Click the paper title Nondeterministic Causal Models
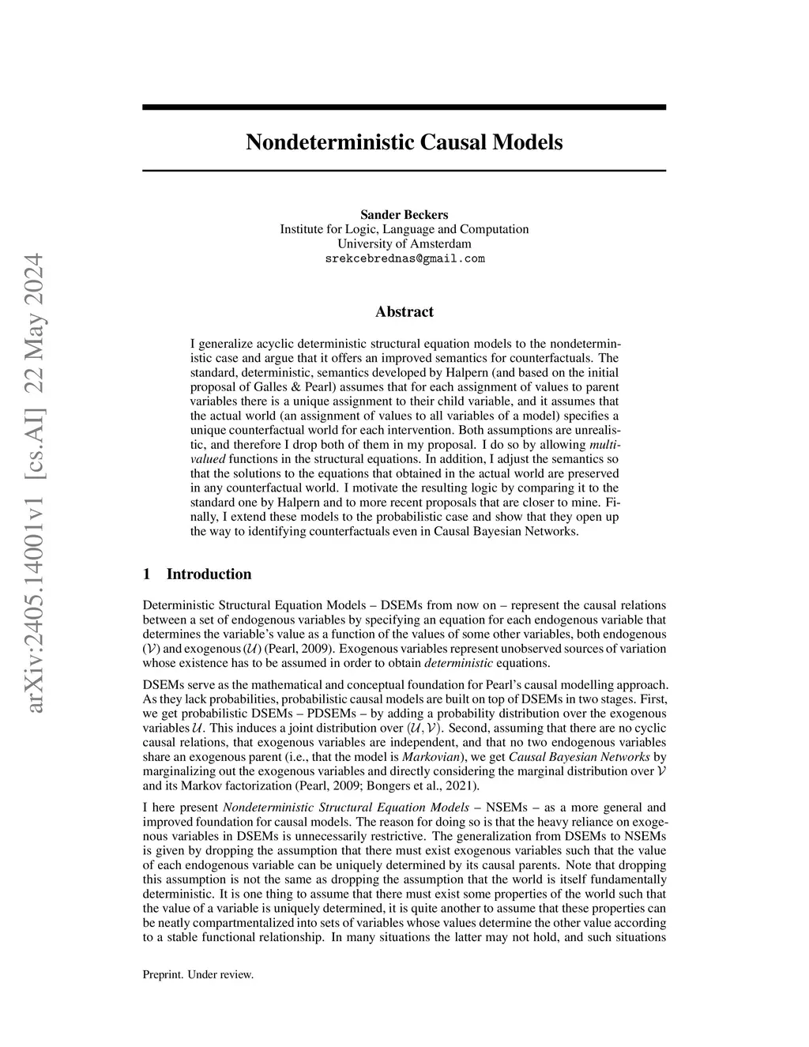pyautogui.click(x=404, y=142)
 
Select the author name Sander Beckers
pyautogui.click(x=404, y=215)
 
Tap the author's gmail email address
pyautogui.click(x=404, y=259)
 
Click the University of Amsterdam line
pyautogui.click(x=404, y=244)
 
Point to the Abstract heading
pyautogui.click(x=404, y=312)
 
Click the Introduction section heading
pyautogui.click(x=209, y=574)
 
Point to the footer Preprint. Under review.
pyautogui.click(x=198, y=975)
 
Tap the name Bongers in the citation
pyautogui.click(x=387, y=786)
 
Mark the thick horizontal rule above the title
pyautogui.click(x=404, y=107)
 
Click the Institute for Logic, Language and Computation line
pyautogui.click(x=404, y=229)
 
